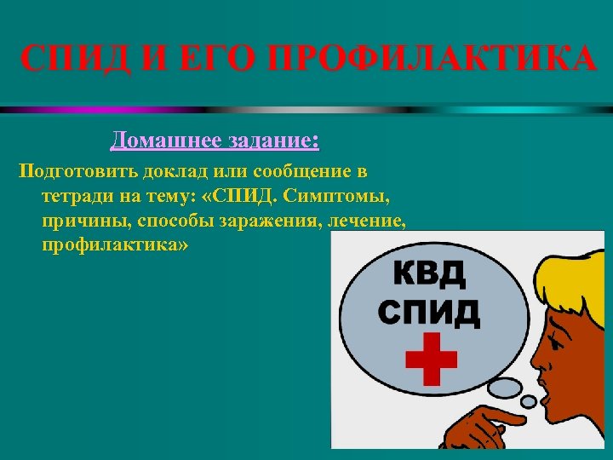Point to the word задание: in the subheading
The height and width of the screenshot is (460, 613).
point(272,140)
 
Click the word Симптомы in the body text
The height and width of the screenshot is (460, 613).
point(346,197)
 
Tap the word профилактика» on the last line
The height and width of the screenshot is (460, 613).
point(114,246)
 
